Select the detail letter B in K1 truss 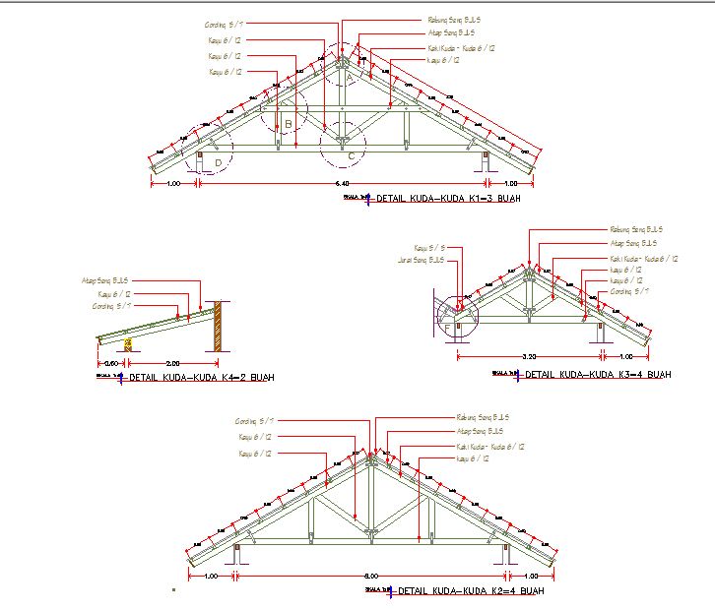coord(288,124)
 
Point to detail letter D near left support coord(218,160)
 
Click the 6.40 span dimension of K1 coord(343,184)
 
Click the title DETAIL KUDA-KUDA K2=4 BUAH coord(470,591)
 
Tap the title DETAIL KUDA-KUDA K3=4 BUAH coord(598,375)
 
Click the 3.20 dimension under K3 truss coord(528,356)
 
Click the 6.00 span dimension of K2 coord(370,576)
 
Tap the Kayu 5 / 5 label coord(430,248)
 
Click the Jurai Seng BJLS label coord(427,260)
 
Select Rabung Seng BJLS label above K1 coord(454,19)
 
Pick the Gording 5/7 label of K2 coord(254,421)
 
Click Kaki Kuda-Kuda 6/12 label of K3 coord(643,259)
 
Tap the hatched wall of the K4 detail coord(221,327)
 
